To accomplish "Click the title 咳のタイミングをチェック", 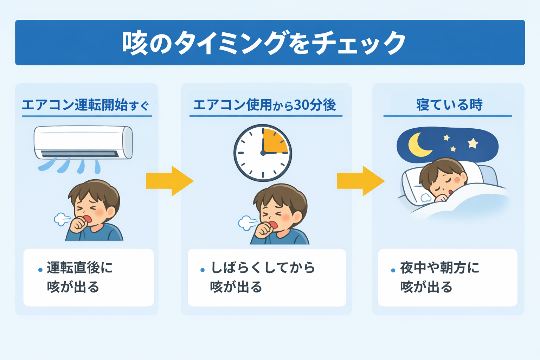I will (264, 43).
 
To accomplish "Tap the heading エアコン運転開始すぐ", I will (85, 105).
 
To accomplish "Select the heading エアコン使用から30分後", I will (265, 105).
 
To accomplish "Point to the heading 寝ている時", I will (449, 105).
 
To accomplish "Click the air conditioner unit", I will (83, 142).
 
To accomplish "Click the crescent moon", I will (418, 144).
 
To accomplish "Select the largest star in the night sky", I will (473, 143).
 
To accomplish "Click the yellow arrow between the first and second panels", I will (169, 181).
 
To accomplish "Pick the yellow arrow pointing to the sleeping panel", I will (360, 181).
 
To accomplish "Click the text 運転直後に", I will (80, 268).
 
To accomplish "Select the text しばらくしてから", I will (263, 268).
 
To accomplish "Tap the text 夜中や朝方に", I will (439, 268).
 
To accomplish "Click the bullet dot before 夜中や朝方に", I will (393, 270).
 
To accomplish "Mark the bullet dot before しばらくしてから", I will (202, 270).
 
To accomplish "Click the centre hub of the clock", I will (263, 153).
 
